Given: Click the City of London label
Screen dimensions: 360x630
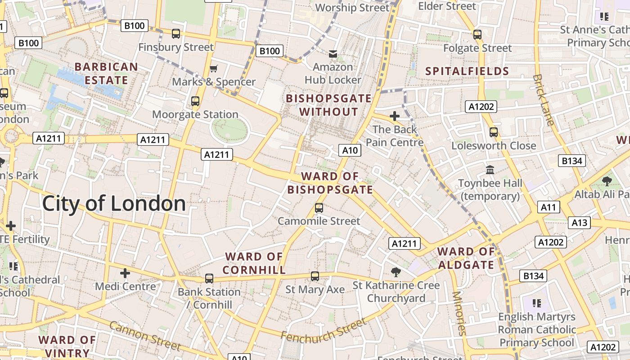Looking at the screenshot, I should [114, 204].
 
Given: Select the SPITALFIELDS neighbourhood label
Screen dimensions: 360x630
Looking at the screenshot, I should [467, 71].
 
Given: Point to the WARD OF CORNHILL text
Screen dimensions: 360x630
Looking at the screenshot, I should [254, 263].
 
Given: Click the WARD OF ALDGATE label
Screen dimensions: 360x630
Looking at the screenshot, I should [466, 258].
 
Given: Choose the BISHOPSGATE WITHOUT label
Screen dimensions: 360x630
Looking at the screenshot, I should [329, 105].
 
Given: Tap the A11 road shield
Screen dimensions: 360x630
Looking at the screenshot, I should [549, 207].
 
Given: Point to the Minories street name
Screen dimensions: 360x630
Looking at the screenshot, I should [459, 313].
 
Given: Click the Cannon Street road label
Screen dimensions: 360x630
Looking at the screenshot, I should [145, 336].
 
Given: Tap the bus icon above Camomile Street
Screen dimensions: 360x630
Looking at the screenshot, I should [319, 207].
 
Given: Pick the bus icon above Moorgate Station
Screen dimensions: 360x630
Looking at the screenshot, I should [195, 101].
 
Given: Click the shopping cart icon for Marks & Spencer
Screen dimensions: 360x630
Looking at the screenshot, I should [213, 68].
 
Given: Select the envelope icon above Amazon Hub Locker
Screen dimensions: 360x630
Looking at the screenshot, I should [333, 54].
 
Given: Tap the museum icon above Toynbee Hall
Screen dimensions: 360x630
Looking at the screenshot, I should [490, 170].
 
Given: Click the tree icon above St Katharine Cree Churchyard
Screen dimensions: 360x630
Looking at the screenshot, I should [396, 271].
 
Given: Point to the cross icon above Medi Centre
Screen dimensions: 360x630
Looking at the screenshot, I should [125, 273].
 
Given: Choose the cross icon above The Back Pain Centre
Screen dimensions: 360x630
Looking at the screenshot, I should [395, 116].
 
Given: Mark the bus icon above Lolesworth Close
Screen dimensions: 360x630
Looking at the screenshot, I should [494, 132].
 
